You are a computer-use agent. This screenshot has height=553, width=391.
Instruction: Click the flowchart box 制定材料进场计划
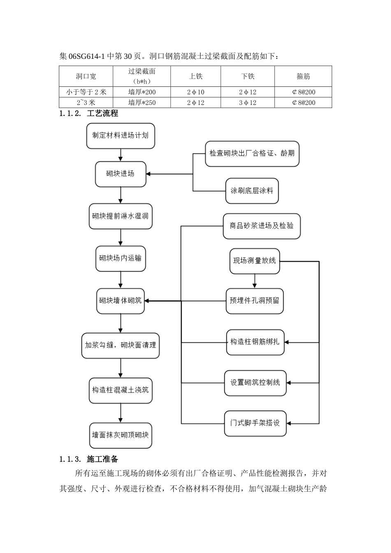pyautogui.click(x=121, y=136)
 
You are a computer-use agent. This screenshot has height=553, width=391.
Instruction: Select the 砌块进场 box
pyautogui.click(x=121, y=174)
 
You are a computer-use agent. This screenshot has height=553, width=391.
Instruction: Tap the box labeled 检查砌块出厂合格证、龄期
pyautogui.click(x=252, y=153)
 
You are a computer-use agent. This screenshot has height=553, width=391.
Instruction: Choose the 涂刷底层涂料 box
pyautogui.click(x=252, y=191)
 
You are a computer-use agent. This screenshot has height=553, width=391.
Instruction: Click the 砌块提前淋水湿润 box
pyautogui.click(x=121, y=216)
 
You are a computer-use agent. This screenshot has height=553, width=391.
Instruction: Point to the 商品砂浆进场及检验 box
pyautogui.click(x=262, y=226)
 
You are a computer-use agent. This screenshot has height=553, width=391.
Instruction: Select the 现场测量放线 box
pyautogui.click(x=254, y=261)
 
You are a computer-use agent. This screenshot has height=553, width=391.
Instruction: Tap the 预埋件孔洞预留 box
pyautogui.click(x=254, y=301)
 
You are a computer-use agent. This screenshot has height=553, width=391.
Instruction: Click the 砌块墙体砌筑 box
pyautogui.click(x=121, y=301)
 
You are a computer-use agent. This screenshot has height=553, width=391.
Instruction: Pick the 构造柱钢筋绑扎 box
pyautogui.click(x=255, y=342)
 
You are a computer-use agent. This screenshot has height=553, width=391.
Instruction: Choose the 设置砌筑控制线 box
pyautogui.click(x=255, y=383)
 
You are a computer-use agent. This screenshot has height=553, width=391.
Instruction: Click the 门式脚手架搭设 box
pyautogui.click(x=255, y=423)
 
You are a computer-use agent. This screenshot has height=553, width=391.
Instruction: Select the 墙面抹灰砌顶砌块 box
pyautogui.click(x=121, y=435)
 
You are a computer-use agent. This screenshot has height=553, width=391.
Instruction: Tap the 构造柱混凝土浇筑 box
pyautogui.click(x=121, y=390)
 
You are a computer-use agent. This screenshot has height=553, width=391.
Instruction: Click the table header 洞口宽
pyautogui.click(x=86, y=76)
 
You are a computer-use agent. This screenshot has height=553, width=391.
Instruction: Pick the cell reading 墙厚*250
pyautogui.click(x=142, y=102)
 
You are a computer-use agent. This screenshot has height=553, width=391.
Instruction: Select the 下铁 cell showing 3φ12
pyautogui.click(x=248, y=102)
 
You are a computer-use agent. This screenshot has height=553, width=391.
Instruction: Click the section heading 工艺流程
pyautogui.click(x=102, y=114)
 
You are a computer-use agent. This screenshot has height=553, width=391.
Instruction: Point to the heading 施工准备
pyautogui.click(x=102, y=459)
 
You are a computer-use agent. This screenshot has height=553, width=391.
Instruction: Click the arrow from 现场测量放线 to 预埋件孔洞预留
pyautogui.click(x=254, y=281)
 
